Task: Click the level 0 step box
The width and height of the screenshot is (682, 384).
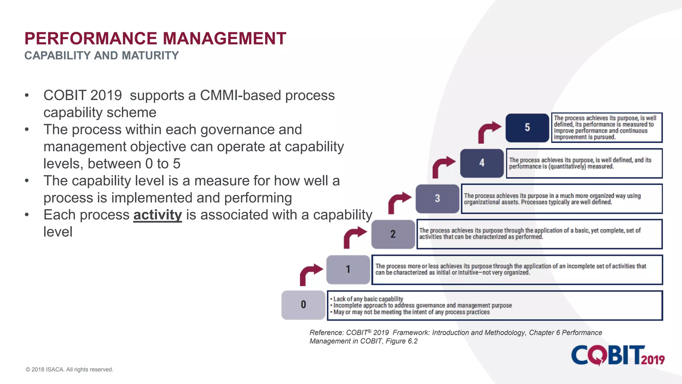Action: click(x=303, y=305)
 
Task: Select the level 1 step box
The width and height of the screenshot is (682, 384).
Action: click(x=348, y=269)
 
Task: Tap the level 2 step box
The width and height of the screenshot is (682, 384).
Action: click(x=393, y=234)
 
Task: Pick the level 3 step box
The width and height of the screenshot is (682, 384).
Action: click(x=437, y=199)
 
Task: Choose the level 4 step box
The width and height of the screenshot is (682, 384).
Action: click(x=482, y=163)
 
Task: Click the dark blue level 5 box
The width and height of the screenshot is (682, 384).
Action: click(x=527, y=128)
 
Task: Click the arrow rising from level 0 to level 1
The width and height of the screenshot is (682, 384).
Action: click(x=310, y=274)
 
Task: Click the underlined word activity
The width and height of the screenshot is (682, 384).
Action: click(x=158, y=215)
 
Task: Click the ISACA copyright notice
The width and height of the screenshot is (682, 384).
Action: click(x=69, y=369)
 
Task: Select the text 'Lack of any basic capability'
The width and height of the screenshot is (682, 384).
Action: click(x=368, y=299)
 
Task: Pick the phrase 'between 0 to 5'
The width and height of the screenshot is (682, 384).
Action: click(x=134, y=164)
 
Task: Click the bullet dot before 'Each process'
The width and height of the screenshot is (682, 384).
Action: click(x=27, y=215)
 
